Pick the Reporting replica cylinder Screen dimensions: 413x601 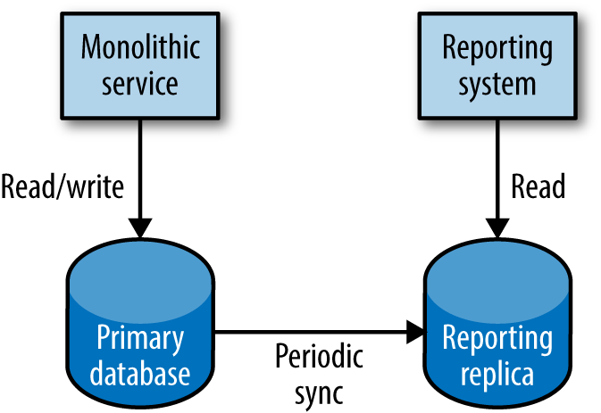(497, 330)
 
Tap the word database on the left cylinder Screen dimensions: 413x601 (141, 372)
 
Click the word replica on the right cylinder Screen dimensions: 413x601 (497, 372)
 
